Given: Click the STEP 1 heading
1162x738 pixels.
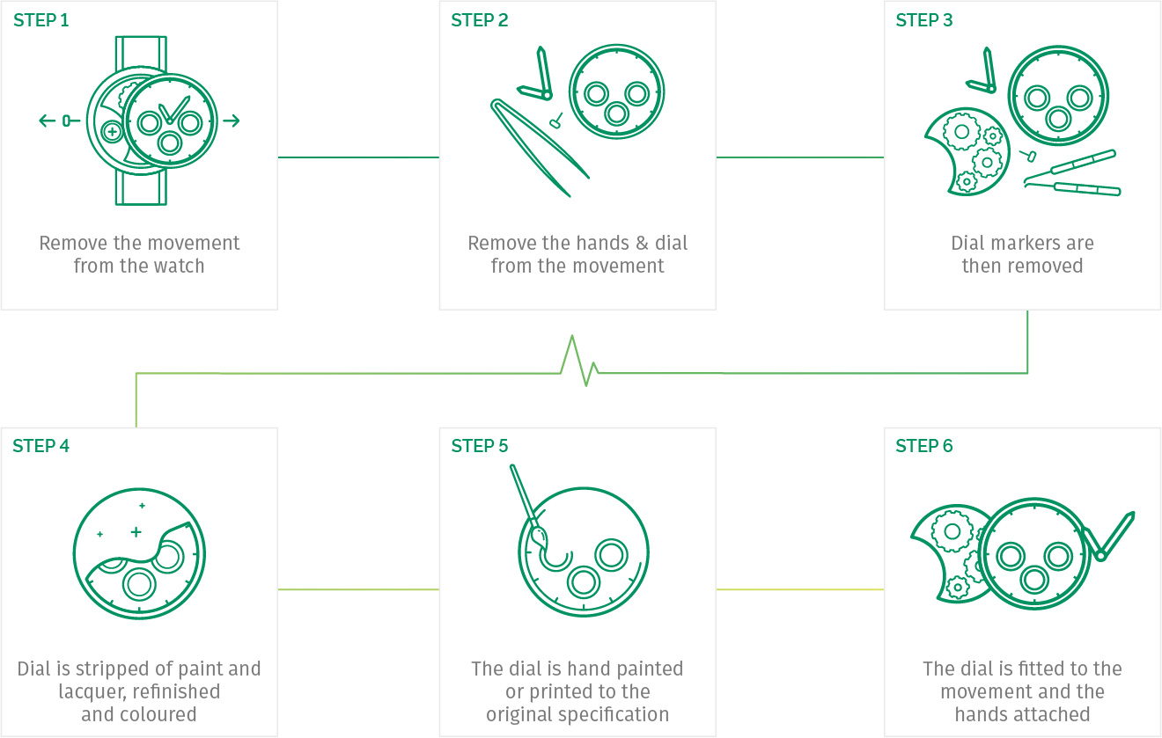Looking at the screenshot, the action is click(41, 20).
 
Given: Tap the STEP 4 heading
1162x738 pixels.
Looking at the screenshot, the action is click(41, 446).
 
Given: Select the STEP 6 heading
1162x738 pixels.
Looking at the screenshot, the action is click(924, 446).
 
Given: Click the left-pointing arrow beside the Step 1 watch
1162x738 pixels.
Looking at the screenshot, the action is click(48, 121).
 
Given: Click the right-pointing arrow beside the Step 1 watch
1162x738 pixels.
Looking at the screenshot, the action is click(232, 121).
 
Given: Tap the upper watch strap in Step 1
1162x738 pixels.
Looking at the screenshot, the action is click(141, 53).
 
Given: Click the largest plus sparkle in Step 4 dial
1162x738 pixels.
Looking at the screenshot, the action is click(136, 532).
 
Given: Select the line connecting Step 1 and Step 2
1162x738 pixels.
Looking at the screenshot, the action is click(358, 157).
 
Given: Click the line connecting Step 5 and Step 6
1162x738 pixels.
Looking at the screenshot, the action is click(800, 589).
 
